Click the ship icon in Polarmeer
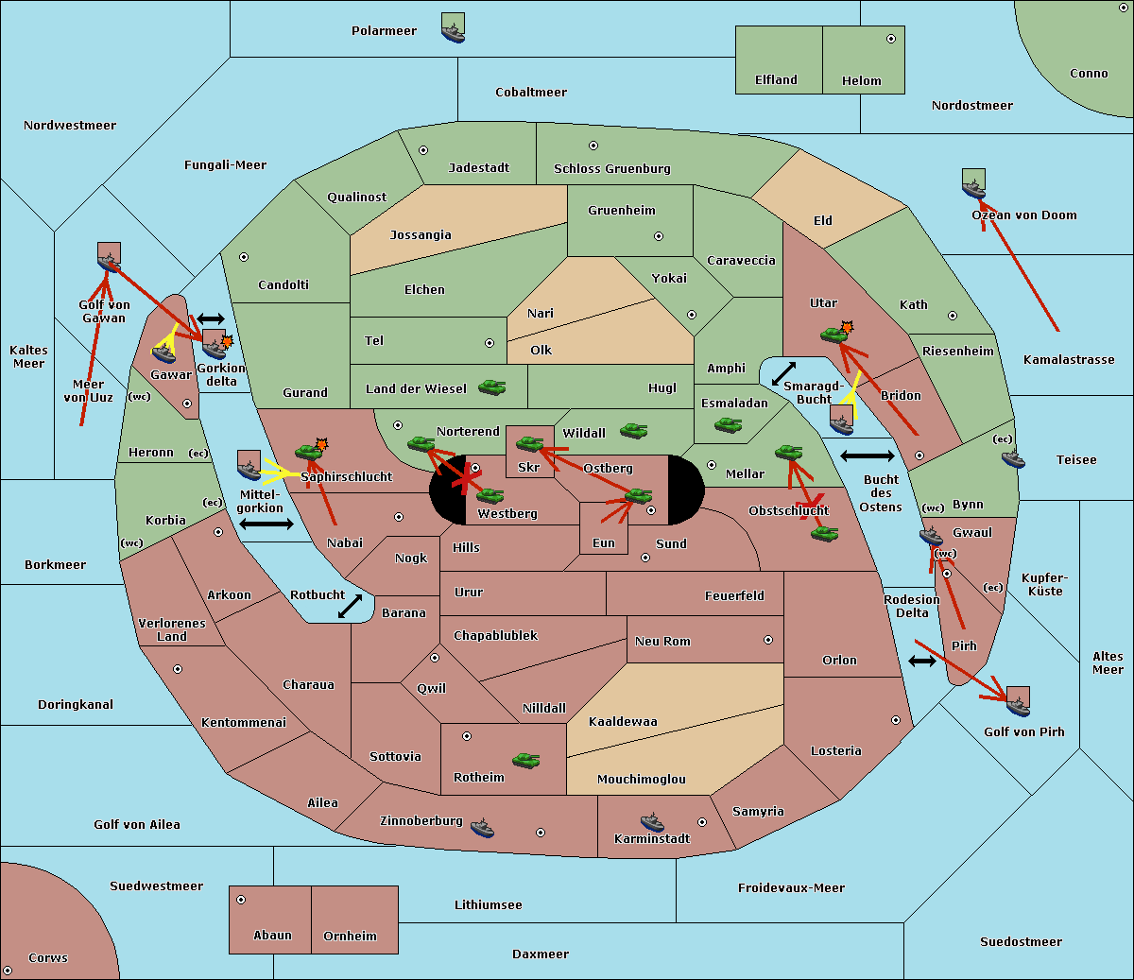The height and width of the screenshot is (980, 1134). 454,27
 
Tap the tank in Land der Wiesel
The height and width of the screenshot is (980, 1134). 491,387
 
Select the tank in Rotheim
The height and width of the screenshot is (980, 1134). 525,760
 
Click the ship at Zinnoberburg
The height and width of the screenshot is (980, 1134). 482,828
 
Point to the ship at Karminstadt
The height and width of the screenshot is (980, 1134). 652,822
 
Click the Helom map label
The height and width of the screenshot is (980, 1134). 861,80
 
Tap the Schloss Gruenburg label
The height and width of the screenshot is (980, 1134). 611,168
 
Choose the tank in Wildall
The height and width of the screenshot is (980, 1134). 634,431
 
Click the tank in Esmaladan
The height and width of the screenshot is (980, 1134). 728,424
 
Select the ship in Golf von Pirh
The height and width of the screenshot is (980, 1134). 1019,701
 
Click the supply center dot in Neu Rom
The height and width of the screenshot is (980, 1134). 768,640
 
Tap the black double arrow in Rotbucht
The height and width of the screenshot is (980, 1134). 350,606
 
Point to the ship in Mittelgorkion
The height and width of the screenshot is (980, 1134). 249,465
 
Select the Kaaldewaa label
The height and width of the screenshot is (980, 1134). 623,721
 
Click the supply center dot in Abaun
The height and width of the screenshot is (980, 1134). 241,900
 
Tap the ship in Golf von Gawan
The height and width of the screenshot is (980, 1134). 110,257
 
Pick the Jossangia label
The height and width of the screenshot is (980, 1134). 421,235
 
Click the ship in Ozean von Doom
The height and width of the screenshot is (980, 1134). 973,184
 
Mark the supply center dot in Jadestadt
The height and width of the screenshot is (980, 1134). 423,150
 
